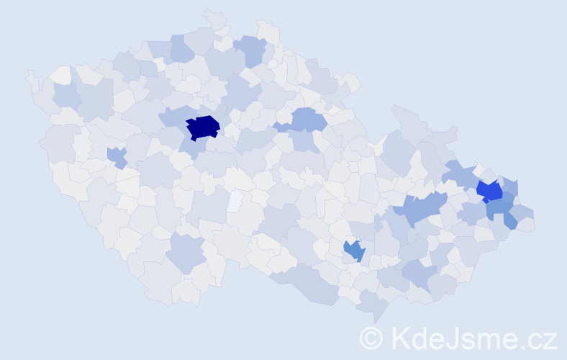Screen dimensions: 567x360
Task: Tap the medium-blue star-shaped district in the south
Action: click(x=353, y=251)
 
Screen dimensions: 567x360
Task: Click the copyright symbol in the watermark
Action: click(x=371, y=338)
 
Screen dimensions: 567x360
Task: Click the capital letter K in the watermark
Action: click(x=402, y=338)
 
